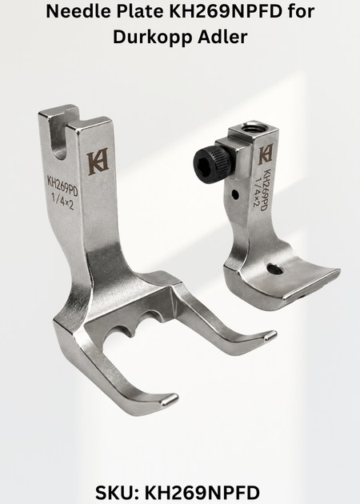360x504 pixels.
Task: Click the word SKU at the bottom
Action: [x=118, y=493]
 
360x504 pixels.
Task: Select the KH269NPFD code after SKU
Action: [x=202, y=493]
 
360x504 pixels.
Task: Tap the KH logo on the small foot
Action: [x=266, y=154]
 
